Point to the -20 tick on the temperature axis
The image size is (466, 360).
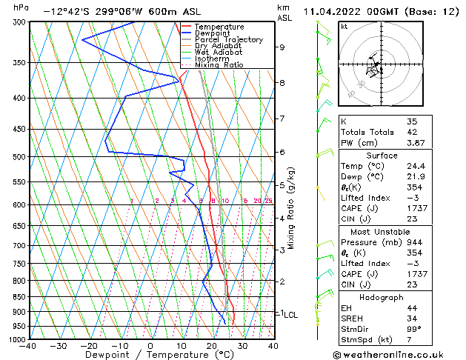[89, 346]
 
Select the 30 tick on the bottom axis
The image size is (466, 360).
[242, 346]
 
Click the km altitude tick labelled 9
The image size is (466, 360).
[282, 47]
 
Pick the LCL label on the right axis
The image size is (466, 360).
[290, 314]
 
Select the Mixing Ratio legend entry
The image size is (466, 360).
[219, 65]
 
